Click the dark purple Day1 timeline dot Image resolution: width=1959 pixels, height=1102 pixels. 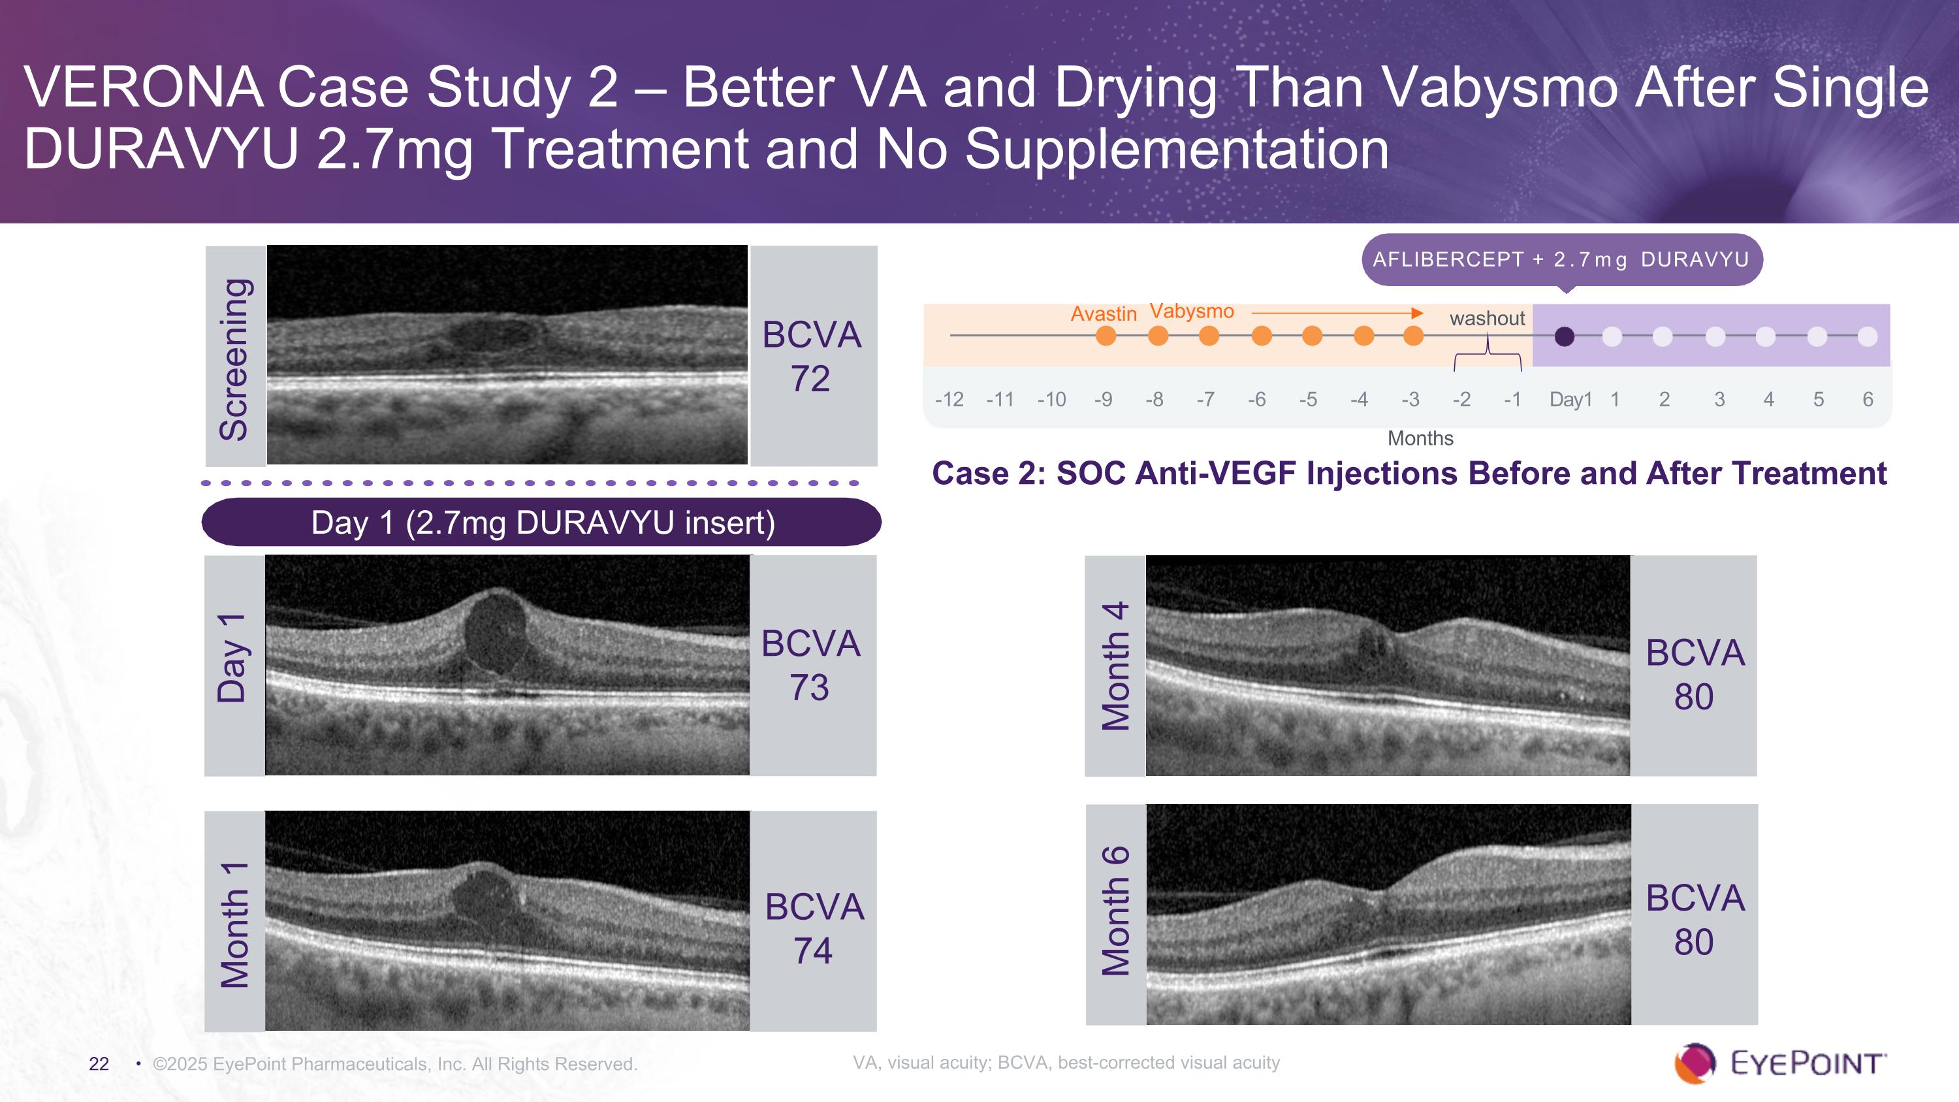click(1565, 336)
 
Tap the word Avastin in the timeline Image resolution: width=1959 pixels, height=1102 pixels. click(1103, 314)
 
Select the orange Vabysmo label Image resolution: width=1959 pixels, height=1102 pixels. click(1191, 311)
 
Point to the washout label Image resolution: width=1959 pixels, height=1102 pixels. click(1487, 318)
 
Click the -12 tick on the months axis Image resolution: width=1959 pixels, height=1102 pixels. click(949, 399)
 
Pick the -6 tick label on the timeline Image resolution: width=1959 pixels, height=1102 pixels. click(1256, 399)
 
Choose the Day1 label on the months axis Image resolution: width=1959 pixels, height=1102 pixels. click(1570, 399)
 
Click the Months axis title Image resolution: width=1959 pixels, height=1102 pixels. click(1420, 438)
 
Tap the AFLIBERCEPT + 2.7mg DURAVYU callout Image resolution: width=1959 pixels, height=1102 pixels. click(1561, 259)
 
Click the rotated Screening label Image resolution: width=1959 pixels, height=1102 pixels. click(234, 359)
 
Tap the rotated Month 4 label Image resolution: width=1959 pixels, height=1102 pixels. click(1115, 666)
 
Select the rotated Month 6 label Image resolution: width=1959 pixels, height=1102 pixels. click(1115, 911)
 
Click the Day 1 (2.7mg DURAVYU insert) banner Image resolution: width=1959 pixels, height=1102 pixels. click(541, 523)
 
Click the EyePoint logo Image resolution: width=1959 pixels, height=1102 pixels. click(1779, 1062)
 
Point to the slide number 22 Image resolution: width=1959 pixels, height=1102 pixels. click(99, 1063)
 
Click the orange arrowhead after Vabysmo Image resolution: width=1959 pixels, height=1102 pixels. click(1416, 313)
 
